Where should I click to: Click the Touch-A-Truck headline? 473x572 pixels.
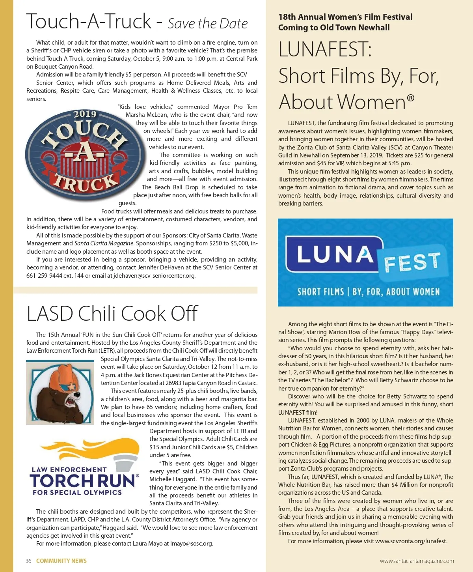(x=89, y=22)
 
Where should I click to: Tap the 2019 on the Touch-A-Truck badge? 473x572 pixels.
(x=85, y=114)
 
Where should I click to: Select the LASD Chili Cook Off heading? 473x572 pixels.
(x=112, y=314)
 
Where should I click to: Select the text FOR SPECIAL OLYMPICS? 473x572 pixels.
(x=77, y=493)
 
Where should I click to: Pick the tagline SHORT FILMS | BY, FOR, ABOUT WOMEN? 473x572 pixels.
(x=368, y=292)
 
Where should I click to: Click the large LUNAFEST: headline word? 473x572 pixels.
(x=325, y=50)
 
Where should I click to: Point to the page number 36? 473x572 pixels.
(x=28, y=561)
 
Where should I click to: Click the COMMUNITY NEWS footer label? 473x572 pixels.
(x=61, y=561)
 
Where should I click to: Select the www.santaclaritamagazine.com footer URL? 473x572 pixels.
(x=417, y=561)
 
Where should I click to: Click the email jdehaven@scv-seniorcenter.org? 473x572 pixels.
(x=154, y=276)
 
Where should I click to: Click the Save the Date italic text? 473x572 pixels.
(x=208, y=24)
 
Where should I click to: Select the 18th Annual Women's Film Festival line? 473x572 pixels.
(x=345, y=17)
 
